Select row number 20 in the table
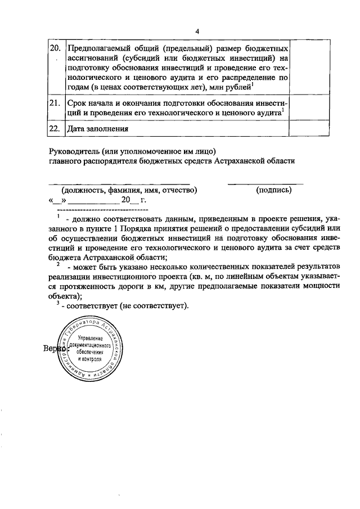(x=54, y=47)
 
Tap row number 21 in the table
(x=54, y=103)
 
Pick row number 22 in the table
(x=54, y=128)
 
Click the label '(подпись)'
(x=273, y=190)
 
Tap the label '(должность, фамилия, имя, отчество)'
(x=129, y=190)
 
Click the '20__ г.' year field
(x=134, y=200)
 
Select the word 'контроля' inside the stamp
(x=93, y=358)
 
